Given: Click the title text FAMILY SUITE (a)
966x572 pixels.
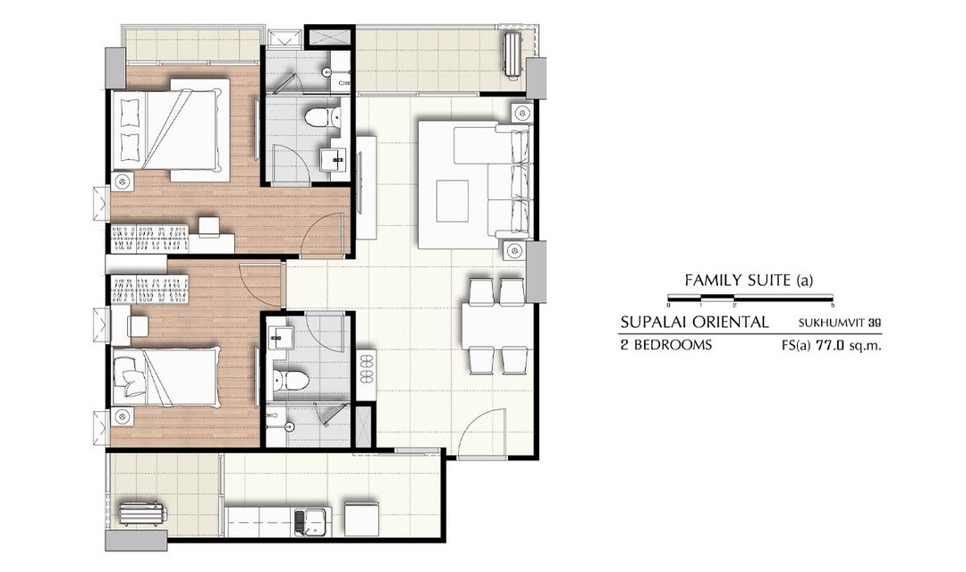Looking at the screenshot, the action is pos(749,281).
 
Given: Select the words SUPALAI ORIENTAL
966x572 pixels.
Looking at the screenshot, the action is pos(694,322).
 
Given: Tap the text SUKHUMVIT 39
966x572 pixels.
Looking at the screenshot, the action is pos(840,323).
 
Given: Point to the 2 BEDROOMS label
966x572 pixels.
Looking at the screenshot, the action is pos(666,345).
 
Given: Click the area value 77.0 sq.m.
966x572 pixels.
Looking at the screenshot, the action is pos(848,345).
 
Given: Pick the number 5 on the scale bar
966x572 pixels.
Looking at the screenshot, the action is pos(833,305).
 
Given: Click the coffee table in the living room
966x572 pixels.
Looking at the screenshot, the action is pos(453,201).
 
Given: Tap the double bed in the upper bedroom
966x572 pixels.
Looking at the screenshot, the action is pos(165,130).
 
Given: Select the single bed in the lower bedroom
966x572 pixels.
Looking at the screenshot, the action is pos(165,376).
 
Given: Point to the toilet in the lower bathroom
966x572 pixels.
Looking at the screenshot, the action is pos(287,380).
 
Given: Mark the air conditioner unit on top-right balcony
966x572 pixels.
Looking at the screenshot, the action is pos(512,55).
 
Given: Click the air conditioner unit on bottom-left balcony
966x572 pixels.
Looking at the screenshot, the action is pos(142,514).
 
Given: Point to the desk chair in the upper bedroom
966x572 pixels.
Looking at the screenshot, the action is pos(208,226).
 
